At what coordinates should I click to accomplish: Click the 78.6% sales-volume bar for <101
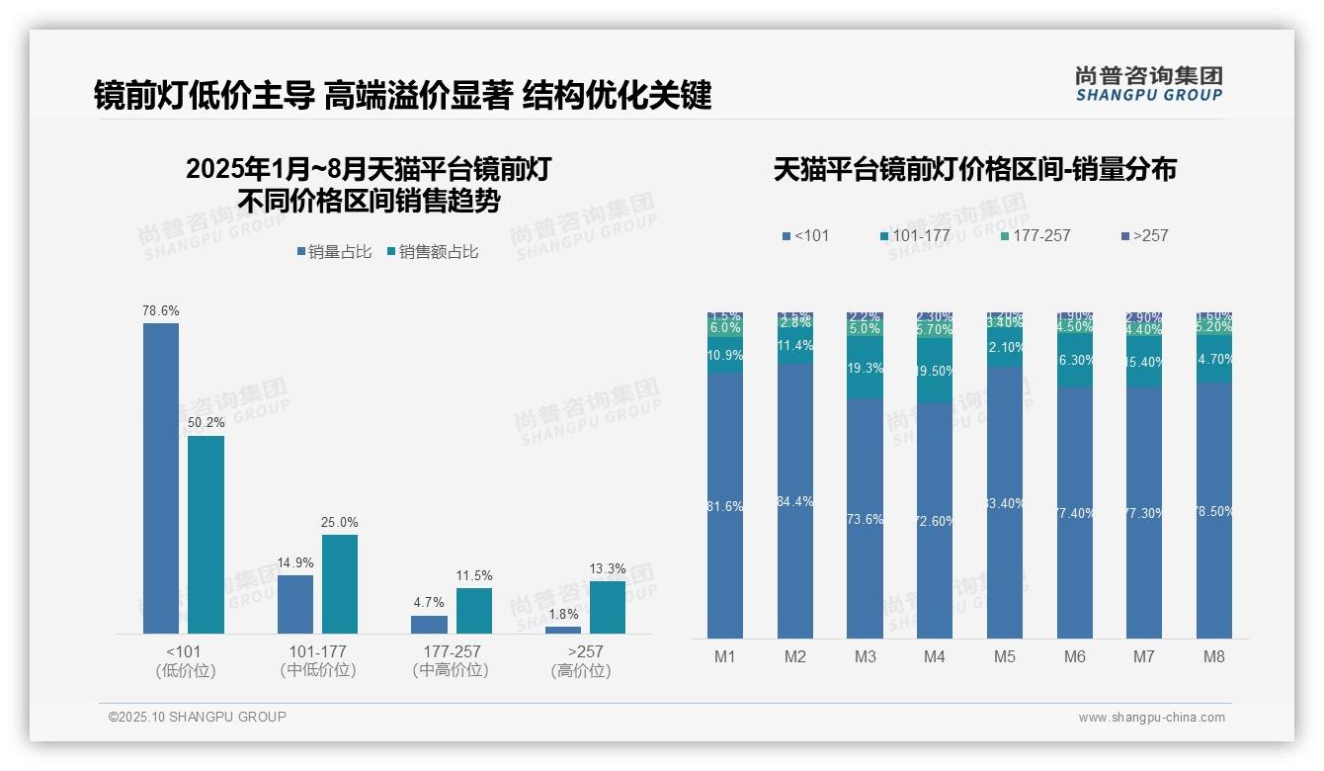[x=161, y=477]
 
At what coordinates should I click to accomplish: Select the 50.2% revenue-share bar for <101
[x=206, y=534]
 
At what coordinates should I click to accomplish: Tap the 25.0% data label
[x=340, y=522]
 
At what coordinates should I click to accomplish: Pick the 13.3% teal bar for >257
[x=608, y=607]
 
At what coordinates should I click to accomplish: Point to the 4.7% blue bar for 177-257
[x=429, y=624]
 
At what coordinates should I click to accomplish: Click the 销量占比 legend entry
[x=334, y=252]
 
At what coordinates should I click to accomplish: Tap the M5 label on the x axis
[x=1005, y=656]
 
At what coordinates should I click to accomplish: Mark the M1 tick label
[x=725, y=656]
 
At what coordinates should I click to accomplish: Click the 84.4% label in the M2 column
[x=795, y=501]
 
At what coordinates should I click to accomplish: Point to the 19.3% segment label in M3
[x=866, y=368]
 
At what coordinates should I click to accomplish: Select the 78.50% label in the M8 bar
[x=1214, y=511]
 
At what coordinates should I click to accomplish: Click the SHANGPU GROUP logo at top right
[x=1149, y=83]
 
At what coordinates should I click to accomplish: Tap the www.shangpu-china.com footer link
[x=1151, y=718]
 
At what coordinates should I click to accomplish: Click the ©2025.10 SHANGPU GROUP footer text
[x=198, y=717]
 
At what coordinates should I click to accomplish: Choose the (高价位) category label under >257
[x=581, y=670]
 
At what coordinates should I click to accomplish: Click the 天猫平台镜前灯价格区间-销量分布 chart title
[x=974, y=170]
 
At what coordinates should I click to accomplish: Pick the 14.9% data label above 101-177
[x=295, y=562]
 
